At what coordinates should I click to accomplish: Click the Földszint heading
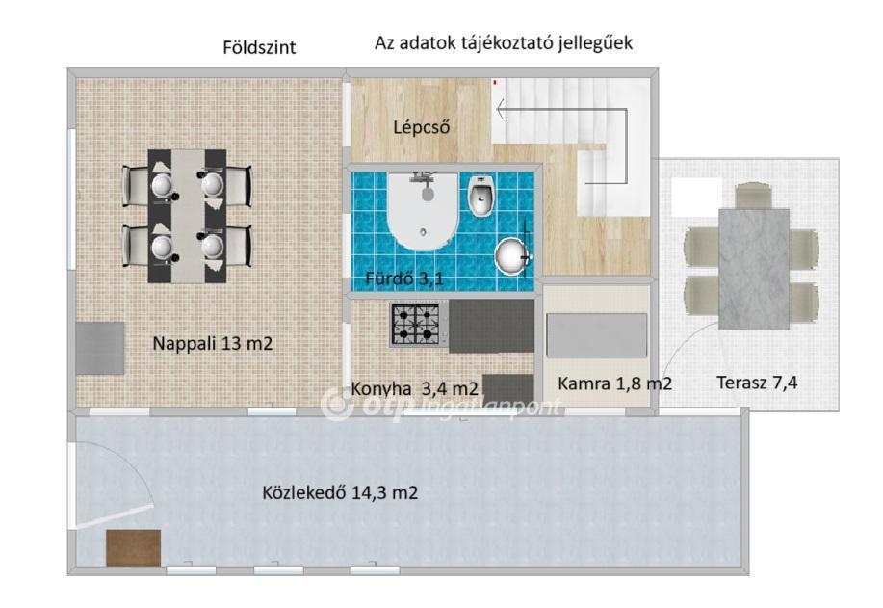pyautogui.click(x=259, y=47)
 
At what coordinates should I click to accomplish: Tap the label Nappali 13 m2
pyautogui.click(x=212, y=343)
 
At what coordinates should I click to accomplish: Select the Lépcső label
pyautogui.click(x=421, y=127)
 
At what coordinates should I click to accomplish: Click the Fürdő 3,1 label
pyautogui.click(x=404, y=278)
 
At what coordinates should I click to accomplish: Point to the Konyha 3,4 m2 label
pyautogui.click(x=414, y=388)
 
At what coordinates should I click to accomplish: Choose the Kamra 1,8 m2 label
pyautogui.click(x=615, y=383)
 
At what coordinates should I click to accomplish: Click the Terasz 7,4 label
pyautogui.click(x=757, y=383)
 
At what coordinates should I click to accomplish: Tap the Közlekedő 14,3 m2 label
pyautogui.click(x=340, y=493)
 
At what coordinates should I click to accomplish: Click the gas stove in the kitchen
pyautogui.click(x=419, y=324)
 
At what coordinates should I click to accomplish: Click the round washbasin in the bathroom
pyautogui.click(x=512, y=256)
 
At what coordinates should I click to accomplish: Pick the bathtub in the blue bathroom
pyautogui.click(x=423, y=210)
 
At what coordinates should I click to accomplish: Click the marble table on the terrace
pyautogui.click(x=753, y=269)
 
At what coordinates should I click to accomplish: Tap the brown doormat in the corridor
pyautogui.click(x=134, y=547)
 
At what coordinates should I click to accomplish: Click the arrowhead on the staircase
pyautogui.click(x=500, y=109)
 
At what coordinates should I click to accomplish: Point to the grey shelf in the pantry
pyautogui.click(x=597, y=336)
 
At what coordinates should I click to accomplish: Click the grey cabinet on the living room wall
pyautogui.click(x=100, y=348)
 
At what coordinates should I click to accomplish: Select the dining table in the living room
pyautogui.click(x=187, y=216)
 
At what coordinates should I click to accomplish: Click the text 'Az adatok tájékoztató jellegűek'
pyautogui.click(x=504, y=43)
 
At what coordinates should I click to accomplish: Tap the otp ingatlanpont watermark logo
pyautogui.click(x=442, y=405)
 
